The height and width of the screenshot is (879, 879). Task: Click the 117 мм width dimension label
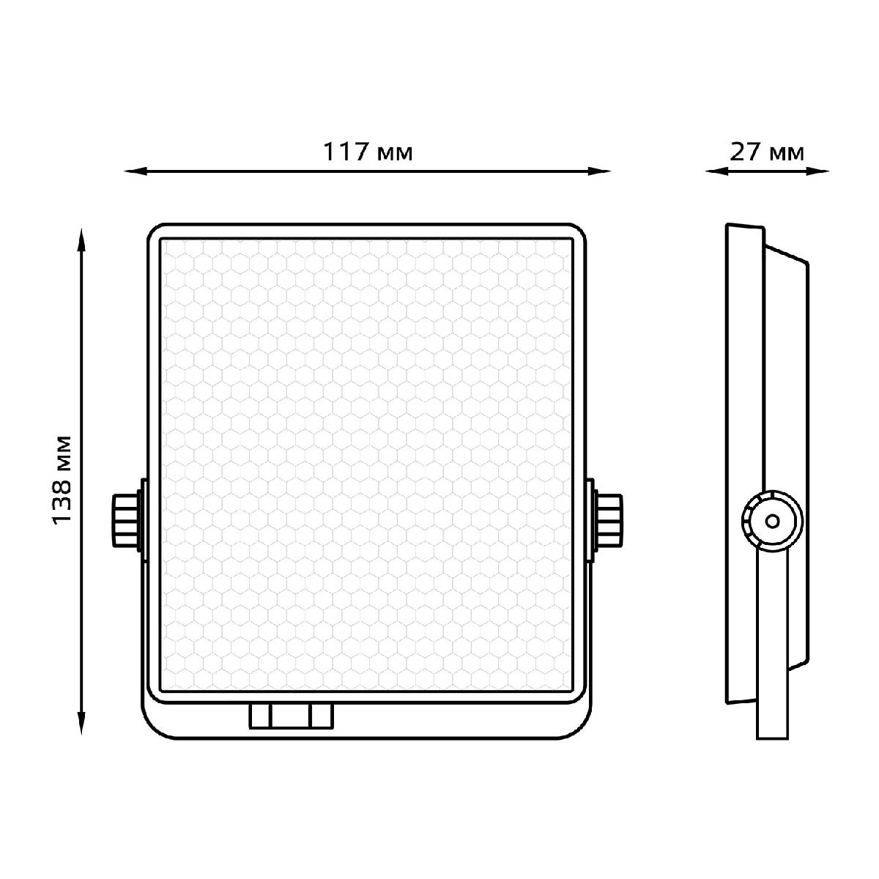(368, 152)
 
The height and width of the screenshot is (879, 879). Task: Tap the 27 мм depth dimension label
(767, 152)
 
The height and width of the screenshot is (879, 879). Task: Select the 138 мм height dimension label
(62, 481)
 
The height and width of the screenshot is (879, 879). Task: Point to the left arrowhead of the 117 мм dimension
(136, 171)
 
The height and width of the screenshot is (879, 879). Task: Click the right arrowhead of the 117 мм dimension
(599, 171)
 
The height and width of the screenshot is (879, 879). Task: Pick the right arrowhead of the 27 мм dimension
(817, 171)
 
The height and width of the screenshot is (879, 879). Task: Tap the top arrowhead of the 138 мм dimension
(81, 240)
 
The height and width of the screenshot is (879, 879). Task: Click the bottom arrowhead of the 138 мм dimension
(81, 723)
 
